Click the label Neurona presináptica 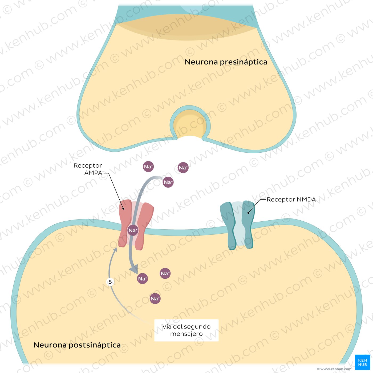[226, 62]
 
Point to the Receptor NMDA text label [291, 199]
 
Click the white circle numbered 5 [110, 282]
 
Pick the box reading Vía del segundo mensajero [186, 330]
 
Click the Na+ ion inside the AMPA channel [133, 230]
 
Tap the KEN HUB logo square [362, 362]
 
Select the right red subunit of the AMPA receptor [144, 225]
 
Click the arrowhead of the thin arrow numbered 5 [115, 250]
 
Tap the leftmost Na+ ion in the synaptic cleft [148, 167]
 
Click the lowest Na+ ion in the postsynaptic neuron [155, 298]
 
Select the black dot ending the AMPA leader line [123, 209]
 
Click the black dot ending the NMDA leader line [248, 213]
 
